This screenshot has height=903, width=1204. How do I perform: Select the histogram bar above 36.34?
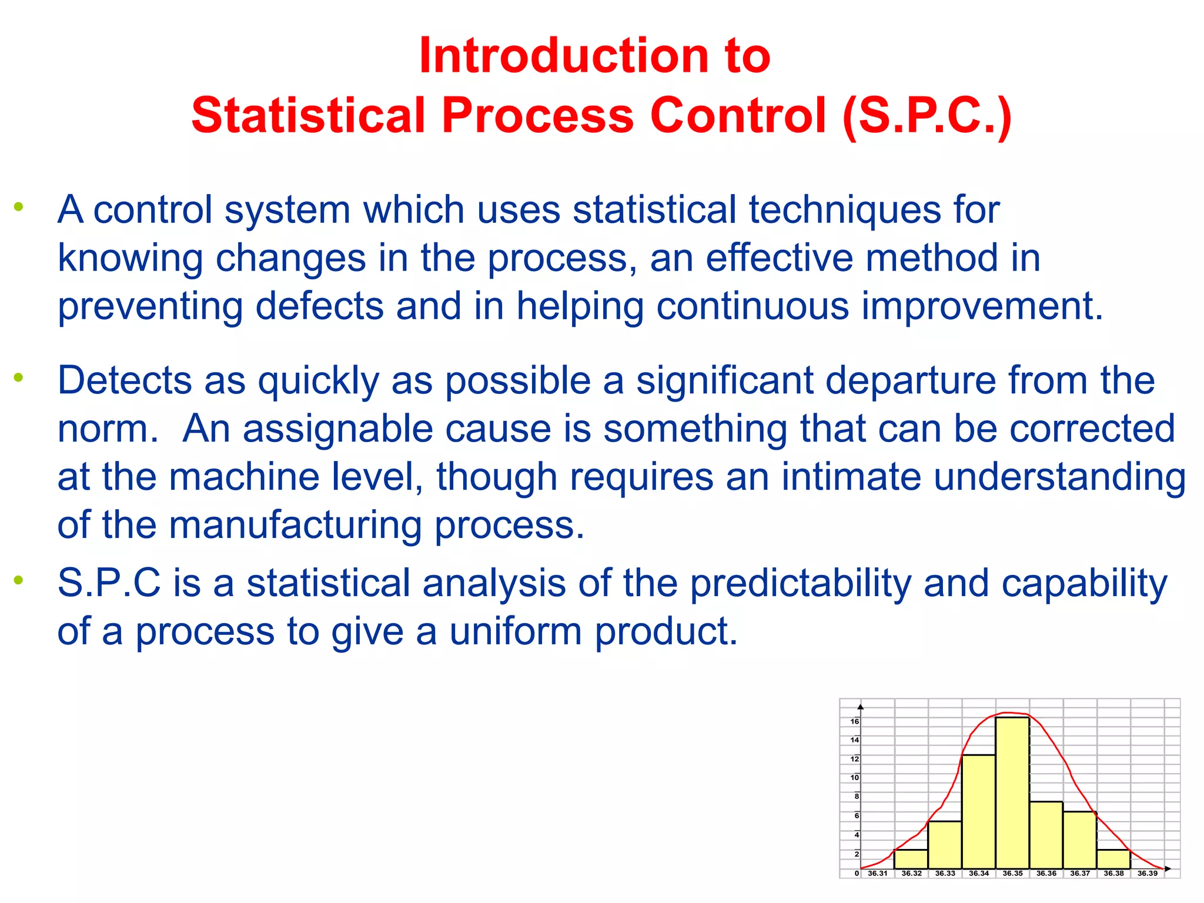979,811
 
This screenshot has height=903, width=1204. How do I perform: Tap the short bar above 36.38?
1113,859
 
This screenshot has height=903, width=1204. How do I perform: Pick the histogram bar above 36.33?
945,845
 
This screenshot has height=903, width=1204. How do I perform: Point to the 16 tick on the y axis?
855,721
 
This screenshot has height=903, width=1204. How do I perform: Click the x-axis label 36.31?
878,874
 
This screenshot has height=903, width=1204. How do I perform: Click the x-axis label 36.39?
1147,874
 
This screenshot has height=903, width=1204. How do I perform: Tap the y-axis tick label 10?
855,777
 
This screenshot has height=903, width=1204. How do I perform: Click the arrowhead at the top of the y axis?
861,706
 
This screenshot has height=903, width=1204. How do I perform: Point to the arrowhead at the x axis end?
1168,868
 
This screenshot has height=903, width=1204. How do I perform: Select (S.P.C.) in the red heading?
927,115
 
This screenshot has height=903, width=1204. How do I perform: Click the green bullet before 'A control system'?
19,206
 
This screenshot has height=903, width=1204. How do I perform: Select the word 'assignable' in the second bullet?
337,429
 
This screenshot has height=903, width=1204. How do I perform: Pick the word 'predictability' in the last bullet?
800,583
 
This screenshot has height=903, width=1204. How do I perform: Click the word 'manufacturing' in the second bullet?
295,524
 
